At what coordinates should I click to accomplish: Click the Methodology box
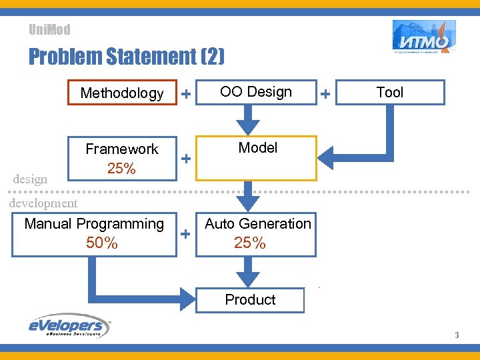122,93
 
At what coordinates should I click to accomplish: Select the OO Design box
256,92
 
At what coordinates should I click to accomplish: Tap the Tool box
389,93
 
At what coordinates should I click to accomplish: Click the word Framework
122,149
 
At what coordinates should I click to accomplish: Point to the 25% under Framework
121,169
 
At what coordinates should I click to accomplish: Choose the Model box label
257,148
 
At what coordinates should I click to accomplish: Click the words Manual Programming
94,224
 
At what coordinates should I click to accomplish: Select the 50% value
102,243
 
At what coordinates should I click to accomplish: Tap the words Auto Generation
258,224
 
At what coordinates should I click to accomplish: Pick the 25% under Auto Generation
250,243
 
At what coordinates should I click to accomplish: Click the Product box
250,300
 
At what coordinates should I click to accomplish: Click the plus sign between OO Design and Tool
325,95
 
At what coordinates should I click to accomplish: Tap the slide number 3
457,335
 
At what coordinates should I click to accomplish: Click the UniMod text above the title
49,29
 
